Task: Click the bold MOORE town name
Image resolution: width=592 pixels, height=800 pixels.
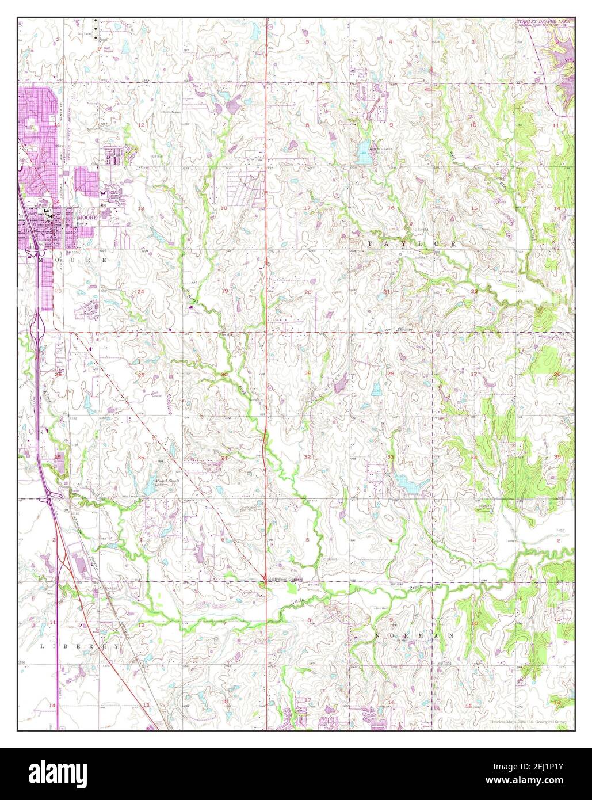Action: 89,219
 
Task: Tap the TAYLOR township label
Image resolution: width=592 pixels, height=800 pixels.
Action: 412,244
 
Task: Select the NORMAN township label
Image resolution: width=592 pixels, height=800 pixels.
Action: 414,635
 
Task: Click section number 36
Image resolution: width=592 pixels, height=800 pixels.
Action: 141,458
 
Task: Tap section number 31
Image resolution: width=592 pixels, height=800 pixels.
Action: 224,458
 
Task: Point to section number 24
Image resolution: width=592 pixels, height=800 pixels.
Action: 140,292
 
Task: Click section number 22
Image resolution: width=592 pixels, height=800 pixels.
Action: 474,292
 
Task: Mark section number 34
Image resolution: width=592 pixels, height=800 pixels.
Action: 474,458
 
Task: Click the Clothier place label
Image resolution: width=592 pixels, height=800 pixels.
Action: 406,330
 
